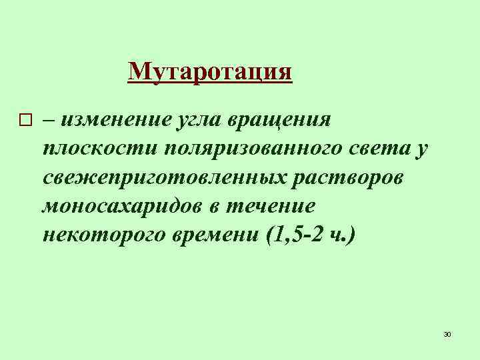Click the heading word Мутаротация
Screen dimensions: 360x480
(210, 71)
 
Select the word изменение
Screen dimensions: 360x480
(117, 120)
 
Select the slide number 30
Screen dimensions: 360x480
(447, 333)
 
